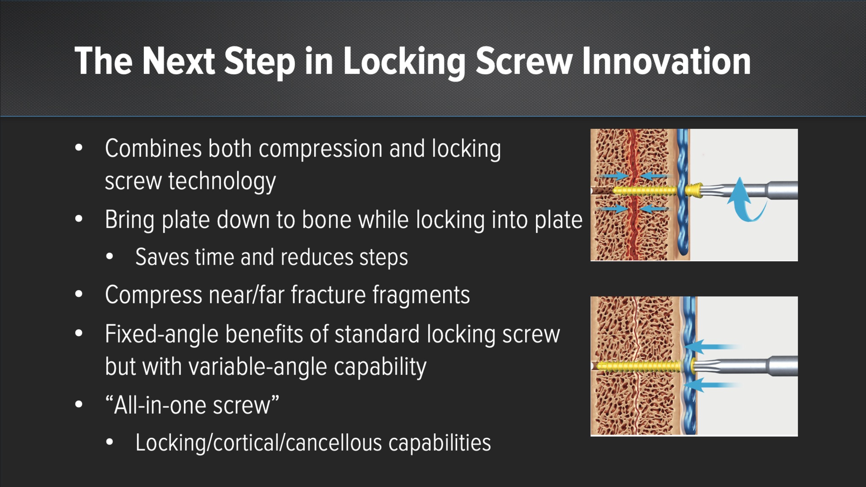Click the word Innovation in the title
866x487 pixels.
tap(666, 61)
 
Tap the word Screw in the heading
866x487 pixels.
tap(524, 61)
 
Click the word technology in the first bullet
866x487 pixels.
tap(222, 182)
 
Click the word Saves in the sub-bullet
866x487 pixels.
tap(162, 257)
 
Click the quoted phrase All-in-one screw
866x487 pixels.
tap(192, 405)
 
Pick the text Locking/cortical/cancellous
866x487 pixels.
tap(258, 443)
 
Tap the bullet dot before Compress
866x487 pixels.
tap(79, 294)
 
